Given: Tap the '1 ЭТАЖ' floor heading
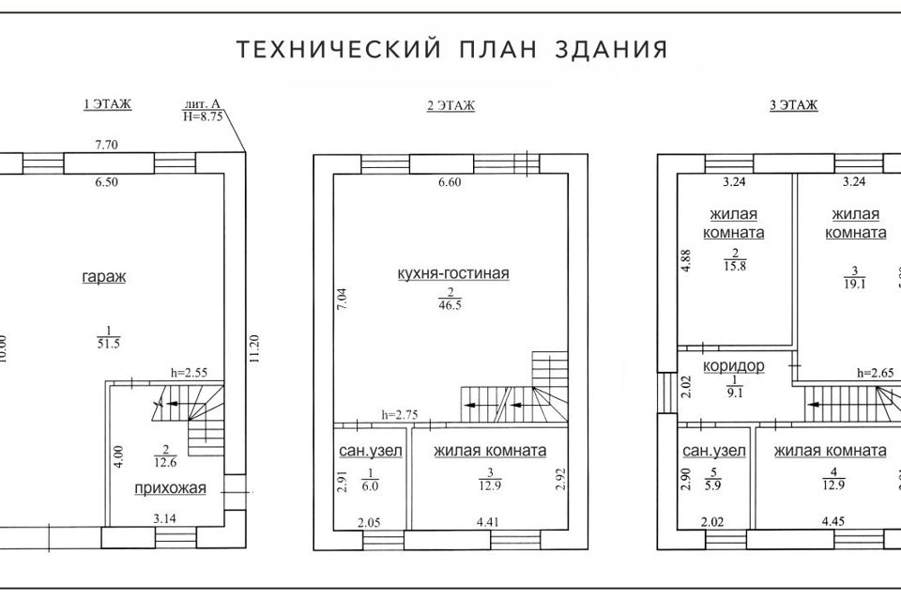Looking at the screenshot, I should pyautogui.click(x=107, y=105).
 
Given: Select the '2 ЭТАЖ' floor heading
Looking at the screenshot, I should pyautogui.click(x=450, y=106).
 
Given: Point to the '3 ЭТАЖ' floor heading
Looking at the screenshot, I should pyautogui.click(x=794, y=106).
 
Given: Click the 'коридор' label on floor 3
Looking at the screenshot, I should pyautogui.click(x=733, y=366).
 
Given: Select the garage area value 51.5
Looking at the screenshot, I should pyautogui.click(x=109, y=344).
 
